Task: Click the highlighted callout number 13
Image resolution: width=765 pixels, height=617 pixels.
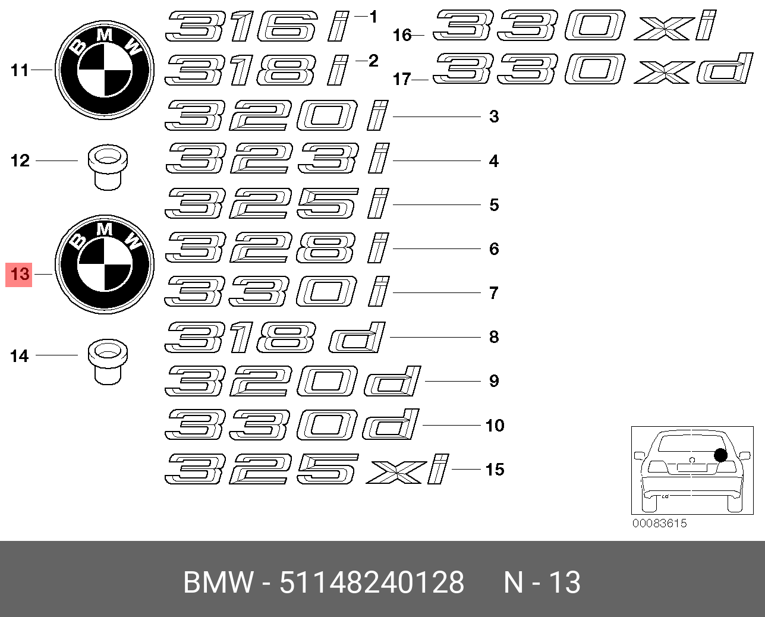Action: click(20, 274)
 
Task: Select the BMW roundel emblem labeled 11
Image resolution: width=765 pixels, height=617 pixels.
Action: click(105, 70)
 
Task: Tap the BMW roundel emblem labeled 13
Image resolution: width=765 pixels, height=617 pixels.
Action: click(105, 265)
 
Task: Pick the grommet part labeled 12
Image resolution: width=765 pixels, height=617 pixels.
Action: click(108, 167)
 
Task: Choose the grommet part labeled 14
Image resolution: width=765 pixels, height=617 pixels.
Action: click(108, 362)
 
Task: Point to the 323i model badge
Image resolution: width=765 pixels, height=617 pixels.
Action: click(277, 158)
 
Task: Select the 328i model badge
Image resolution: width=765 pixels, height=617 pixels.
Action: click(277, 248)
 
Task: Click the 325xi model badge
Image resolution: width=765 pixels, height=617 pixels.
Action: click(307, 469)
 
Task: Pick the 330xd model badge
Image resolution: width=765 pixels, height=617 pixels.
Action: click(593, 68)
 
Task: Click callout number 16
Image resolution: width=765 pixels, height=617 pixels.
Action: click(402, 35)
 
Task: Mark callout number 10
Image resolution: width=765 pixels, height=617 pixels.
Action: click(495, 426)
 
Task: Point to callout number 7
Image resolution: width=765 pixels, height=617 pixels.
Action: click(494, 293)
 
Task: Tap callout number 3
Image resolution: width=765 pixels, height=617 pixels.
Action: click(494, 117)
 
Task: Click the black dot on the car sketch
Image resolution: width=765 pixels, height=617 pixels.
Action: click(721, 455)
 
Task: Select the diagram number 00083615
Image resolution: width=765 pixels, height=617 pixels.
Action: click(659, 523)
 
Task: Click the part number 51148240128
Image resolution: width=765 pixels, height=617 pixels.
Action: click(372, 582)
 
